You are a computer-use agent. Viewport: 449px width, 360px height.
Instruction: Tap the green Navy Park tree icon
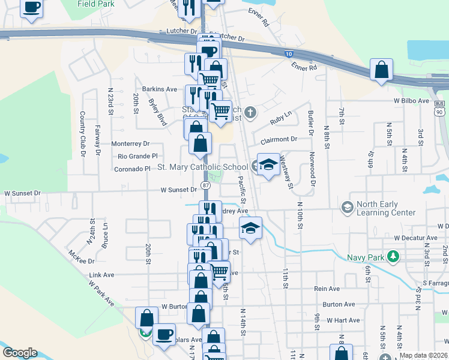coord(393,257)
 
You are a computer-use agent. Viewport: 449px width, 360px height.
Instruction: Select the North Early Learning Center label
coord(385,208)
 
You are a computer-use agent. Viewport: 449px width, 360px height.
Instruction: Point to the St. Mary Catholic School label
coord(202,167)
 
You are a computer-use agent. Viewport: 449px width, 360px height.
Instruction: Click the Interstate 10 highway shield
coord(289,54)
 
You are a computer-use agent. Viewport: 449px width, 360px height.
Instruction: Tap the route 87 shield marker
coord(205,185)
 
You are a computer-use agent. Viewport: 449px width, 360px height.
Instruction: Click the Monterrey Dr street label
coord(130,144)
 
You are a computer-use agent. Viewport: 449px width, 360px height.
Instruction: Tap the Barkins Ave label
coord(160,89)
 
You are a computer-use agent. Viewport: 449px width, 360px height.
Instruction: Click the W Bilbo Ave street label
coord(411,101)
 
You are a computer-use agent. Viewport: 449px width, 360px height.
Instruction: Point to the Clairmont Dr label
coord(279,140)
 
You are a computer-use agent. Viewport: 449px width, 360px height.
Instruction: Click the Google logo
coord(20,353)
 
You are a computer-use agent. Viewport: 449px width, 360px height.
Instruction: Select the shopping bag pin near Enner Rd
coord(381,70)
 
